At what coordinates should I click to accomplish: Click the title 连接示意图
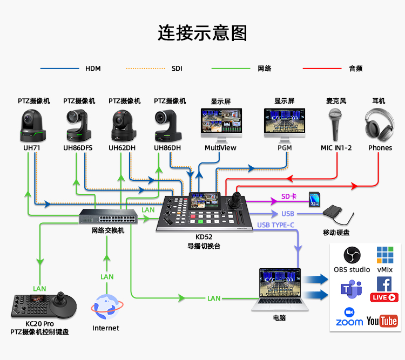pos(202,33)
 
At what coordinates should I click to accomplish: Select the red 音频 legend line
pos(322,69)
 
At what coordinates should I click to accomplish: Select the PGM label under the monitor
pos(285,147)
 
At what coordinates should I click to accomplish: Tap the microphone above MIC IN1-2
pos(335,123)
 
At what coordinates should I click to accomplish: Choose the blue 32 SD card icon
pos(314,199)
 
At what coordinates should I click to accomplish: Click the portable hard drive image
pos(338,215)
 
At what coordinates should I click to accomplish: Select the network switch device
pos(107,216)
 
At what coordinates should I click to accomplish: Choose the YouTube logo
pos(382,321)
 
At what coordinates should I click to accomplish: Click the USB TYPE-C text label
pos(275,225)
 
